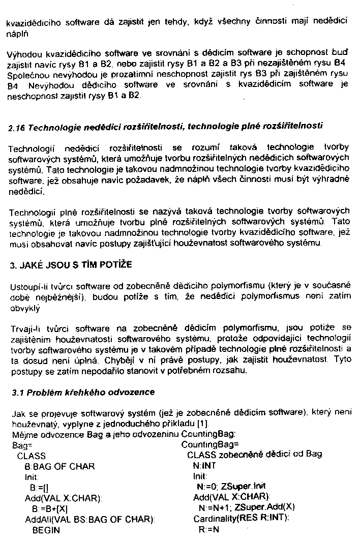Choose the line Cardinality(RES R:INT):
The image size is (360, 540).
pyautogui.click(x=241, y=518)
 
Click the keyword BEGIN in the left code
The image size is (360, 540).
pyautogui.click(x=46, y=530)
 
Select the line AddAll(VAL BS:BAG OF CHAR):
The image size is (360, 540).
pyautogui.click(x=89, y=519)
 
